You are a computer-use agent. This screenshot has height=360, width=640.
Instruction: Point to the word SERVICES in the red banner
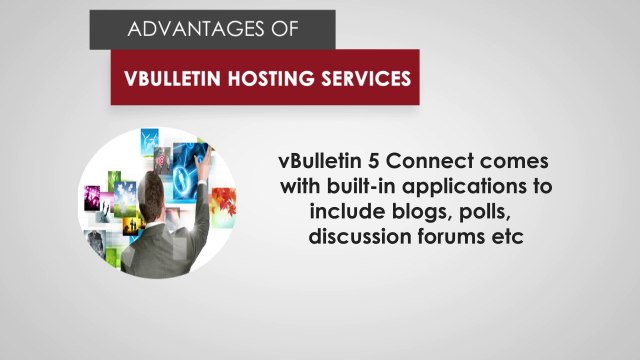pyautogui.click(x=364, y=77)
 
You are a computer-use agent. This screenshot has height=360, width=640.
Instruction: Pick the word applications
pyautogui.click(x=472, y=188)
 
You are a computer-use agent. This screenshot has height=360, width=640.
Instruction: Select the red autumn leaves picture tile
pyautogui.click(x=221, y=204)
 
